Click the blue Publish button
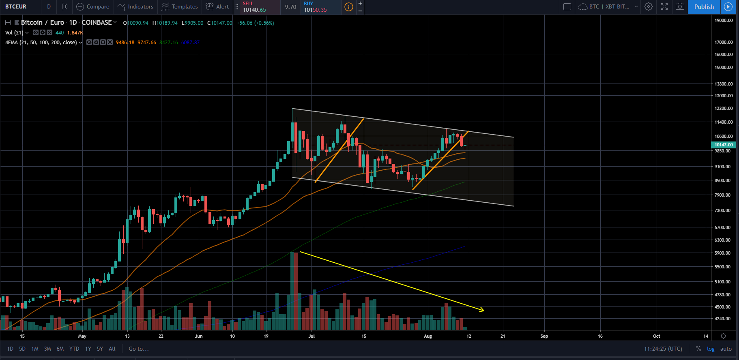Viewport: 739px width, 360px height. click(x=704, y=7)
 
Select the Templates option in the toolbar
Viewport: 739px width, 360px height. click(x=180, y=7)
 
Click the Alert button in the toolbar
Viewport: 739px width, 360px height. click(x=217, y=7)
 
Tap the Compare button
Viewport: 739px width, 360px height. click(x=93, y=7)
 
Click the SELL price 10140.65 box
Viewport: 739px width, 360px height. click(x=260, y=7)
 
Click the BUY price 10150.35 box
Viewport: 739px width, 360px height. click(x=320, y=7)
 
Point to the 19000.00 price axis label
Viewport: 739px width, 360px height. click(x=724, y=20)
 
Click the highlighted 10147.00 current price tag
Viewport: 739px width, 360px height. click(x=724, y=145)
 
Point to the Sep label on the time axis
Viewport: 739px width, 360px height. click(x=544, y=336)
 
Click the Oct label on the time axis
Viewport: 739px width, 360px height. click(x=656, y=336)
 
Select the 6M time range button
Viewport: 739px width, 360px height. click(x=60, y=349)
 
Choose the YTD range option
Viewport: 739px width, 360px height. click(x=74, y=349)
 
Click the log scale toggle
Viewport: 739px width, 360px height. click(x=711, y=349)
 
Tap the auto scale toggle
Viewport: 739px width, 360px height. click(x=726, y=349)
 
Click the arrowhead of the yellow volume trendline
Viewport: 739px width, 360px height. click(x=482, y=311)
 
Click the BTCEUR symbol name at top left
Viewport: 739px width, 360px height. click(x=16, y=7)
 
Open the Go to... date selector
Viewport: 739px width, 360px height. click(x=139, y=349)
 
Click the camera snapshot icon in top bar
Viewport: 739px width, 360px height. click(x=680, y=7)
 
